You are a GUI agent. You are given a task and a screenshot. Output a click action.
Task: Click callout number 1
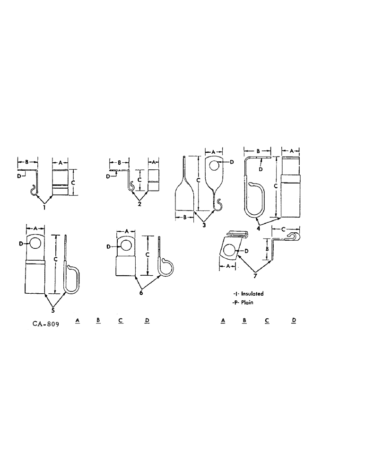[x=44, y=207]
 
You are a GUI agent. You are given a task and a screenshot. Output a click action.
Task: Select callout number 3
[x=204, y=225]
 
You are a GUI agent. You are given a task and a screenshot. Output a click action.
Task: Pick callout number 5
[x=53, y=310]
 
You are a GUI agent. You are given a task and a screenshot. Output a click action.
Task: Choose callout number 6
[x=141, y=293]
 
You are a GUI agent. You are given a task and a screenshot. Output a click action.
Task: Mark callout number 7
[x=256, y=275]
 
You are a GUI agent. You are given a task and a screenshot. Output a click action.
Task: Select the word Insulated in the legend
[x=255, y=294]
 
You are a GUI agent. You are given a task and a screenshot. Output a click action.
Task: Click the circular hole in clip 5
[x=35, y=244]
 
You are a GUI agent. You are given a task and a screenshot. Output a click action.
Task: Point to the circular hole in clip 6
[x=125, y=246]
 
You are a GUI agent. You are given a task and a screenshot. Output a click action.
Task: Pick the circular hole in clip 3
[x=214, y=166]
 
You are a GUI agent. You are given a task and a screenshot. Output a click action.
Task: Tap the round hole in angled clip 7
[x=230, y=251]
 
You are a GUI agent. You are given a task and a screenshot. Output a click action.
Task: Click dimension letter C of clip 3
[x=199, y=180]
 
